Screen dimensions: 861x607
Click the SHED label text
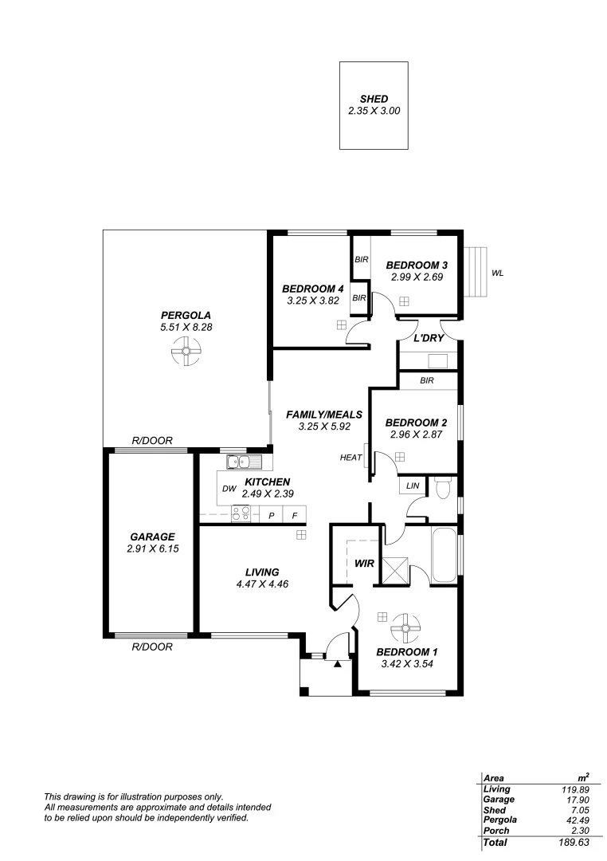(374, 99)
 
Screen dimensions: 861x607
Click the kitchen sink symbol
(238, 462)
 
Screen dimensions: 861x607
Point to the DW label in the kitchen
(228, 489)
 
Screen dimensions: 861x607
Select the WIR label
(364, 564)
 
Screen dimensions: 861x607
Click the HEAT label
(350, 458)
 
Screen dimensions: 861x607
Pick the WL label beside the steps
(497, 273)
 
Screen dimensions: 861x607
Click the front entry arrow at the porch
(338, 663)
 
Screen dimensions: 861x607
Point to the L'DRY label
(428, 338)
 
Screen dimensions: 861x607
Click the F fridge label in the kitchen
(295, 516)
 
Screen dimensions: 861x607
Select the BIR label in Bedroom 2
(427, 381)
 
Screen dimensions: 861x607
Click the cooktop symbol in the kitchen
(241, 514)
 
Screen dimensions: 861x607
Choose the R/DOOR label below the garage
(152, 647)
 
